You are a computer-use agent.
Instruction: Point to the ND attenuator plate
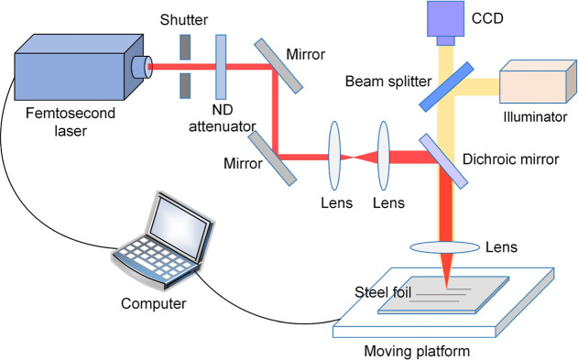(221, 66)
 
